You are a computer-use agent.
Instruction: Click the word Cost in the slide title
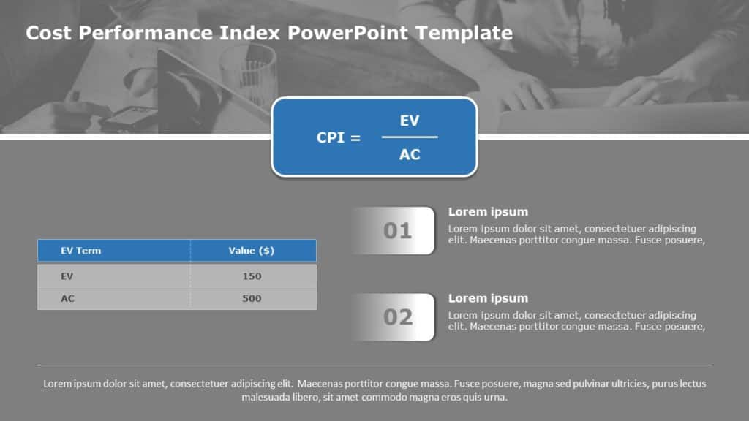click(48, 33)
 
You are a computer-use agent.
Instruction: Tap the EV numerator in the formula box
click(410, 121)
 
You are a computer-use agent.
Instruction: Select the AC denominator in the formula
click(410, 154)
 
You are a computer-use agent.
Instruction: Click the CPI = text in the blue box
click(338, 137)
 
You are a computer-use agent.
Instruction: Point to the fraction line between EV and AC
click(410, 137)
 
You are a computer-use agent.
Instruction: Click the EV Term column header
click(80, 251)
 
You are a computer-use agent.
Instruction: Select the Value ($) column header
click(251, 251)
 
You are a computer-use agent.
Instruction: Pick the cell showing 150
click(252, 276)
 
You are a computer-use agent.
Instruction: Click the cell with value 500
click(252, 298)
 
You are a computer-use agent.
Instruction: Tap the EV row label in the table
click(67, 276)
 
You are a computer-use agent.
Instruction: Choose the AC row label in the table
click(67, 298)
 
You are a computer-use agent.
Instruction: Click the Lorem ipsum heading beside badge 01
click(488, 212)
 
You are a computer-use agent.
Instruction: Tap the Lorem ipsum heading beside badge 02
click(488, 298)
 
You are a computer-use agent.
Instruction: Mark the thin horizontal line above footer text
click(374, 365)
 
